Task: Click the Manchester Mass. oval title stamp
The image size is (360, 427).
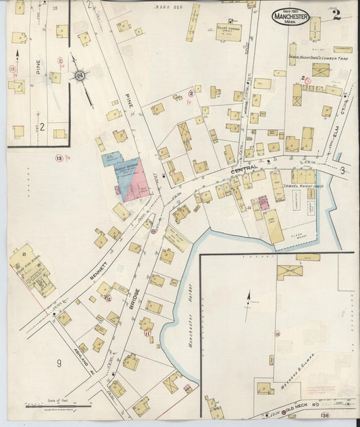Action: click(x=291, y=17)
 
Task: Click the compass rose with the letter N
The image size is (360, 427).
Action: click(x=81, y=76)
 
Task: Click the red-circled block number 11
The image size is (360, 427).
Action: click(x=147, y=333)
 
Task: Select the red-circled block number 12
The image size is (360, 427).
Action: click(x=108, y=298)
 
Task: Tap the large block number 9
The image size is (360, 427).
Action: click(x=59, y=363)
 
